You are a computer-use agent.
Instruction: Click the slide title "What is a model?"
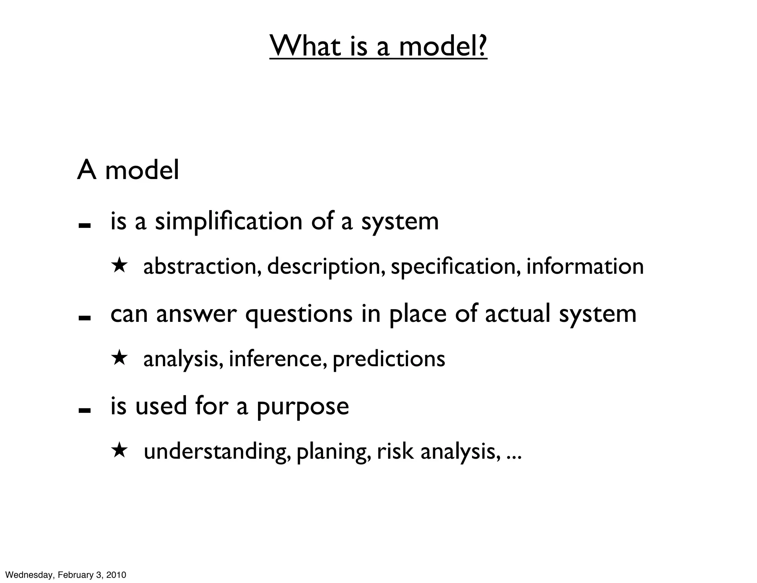tap(378, 46)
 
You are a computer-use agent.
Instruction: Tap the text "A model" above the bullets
tap(128, 170)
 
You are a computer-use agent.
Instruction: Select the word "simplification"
tap(228, 222)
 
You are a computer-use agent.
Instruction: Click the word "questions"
tap(299, 314)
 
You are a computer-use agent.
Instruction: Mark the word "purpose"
tap(303, 407)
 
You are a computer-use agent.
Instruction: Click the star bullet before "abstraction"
tap(120, 266)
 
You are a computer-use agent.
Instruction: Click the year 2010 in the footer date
tap(116, 575)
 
